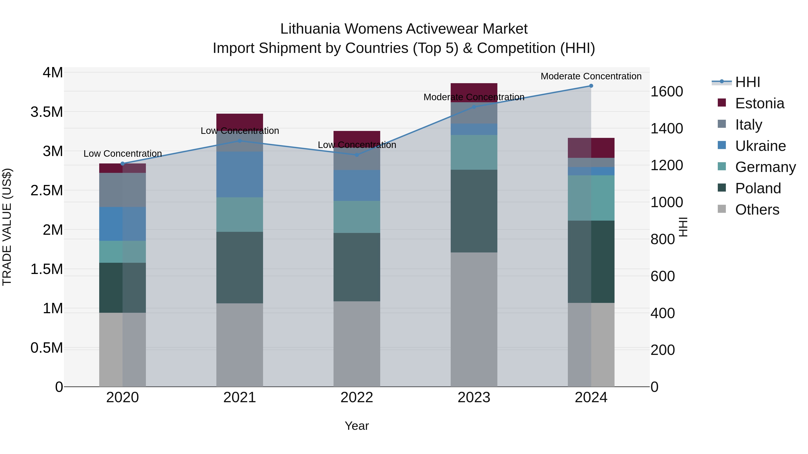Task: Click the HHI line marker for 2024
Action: click(x=591, y=86)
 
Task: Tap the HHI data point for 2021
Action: click(x=240, y=141)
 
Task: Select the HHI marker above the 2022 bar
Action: click(x=357, y=155)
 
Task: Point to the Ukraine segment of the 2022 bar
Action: click(x=357, y=185)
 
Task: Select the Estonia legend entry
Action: click(x=759, y=103)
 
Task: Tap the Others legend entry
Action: click(x=757, y=210)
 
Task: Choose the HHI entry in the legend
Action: click(x=747, y=82)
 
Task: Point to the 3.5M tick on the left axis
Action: click(x=47, y=112)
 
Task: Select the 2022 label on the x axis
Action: click(x=357, y=398)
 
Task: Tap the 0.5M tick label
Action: click(x=47, y=348)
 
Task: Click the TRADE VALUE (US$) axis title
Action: click(x=7, y=227)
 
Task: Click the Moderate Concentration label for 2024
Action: click(x=591, y=76)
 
